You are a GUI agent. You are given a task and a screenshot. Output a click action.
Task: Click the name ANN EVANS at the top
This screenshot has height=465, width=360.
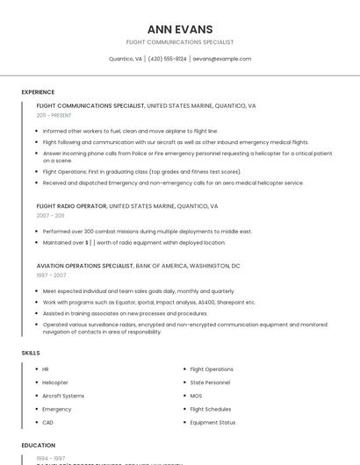[180, 29]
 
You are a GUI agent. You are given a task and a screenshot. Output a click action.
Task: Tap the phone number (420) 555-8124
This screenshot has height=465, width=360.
[168, 59]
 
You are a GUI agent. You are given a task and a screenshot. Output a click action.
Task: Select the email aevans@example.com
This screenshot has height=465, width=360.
[222, 59]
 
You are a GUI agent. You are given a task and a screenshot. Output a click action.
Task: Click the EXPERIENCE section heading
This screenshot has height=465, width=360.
[38, 92]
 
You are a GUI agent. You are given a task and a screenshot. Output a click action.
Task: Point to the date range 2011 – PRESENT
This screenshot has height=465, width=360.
[54, 115]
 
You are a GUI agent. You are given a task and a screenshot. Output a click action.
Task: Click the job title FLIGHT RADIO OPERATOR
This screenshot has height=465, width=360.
[71, 206]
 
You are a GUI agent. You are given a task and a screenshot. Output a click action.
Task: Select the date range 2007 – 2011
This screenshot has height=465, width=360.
[50, 215]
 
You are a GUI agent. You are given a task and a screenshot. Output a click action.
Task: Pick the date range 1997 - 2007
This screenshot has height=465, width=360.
[51, 275]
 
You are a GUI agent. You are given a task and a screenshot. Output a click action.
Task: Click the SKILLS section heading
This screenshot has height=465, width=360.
[31, 353]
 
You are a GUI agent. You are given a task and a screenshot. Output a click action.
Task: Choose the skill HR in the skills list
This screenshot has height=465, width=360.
[46, 369]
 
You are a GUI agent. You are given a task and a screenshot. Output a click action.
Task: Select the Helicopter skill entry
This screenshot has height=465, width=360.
[55, 383]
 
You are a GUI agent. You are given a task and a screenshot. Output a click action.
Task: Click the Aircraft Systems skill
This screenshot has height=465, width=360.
[63, 396]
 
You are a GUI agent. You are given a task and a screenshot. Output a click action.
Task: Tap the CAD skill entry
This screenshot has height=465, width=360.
[48, 422]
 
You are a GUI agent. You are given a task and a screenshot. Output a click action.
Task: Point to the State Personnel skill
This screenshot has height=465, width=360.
[211, 383]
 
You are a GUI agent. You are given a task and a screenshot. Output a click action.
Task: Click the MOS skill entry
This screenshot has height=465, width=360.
[197, 396]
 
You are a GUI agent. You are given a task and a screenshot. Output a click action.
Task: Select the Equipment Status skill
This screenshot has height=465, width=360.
[212, 422]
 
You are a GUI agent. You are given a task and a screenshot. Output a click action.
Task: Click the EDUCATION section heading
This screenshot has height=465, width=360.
[38, 446]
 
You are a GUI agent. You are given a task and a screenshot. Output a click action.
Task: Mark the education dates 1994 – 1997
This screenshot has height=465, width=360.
[51, 458]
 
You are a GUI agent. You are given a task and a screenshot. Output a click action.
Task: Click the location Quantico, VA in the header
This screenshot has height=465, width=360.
[125, 59]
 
